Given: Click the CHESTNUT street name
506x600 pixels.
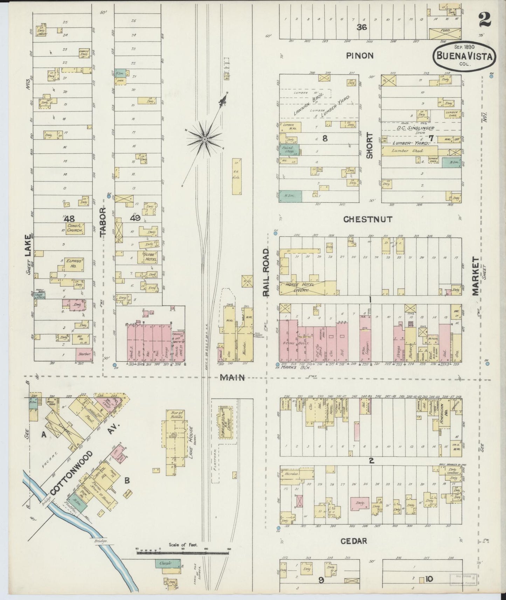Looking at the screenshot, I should (368, 219).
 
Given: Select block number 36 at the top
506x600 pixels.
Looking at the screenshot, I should (361, 27).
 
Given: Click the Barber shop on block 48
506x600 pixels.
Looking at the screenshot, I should (84, 354).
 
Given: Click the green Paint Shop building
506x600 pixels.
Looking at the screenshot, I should (290, 150).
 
